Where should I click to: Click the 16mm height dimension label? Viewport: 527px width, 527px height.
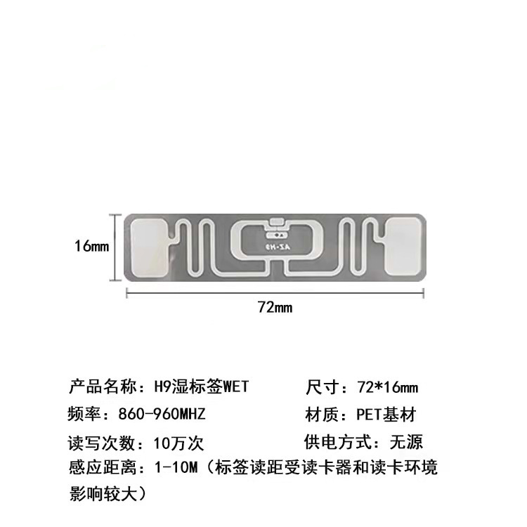click(92, 247)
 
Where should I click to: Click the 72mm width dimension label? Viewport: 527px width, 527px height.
click(274, 307)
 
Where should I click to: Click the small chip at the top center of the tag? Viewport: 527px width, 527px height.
click(276, 223)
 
